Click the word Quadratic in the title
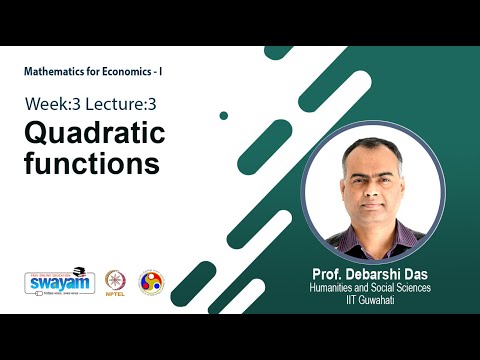point(95,132)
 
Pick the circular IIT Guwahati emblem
point(150,282)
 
